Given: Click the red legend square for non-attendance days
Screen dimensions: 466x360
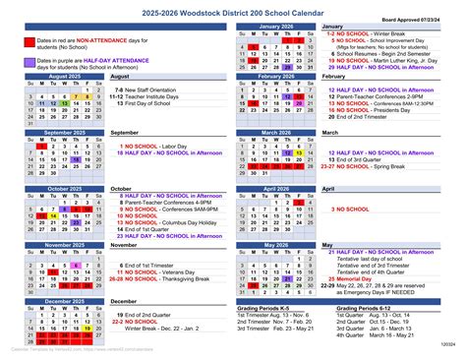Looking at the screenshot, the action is coord(28,42).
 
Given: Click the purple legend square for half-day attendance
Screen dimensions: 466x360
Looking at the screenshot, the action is coord(28,63).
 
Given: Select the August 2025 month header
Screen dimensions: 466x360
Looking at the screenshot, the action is coord(63,76).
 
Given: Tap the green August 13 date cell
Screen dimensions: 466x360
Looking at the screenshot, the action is coord(63,102).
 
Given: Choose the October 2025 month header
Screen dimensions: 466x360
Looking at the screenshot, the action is coord(63,188).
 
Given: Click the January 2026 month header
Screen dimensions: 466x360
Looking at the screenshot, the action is coord(276,26).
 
